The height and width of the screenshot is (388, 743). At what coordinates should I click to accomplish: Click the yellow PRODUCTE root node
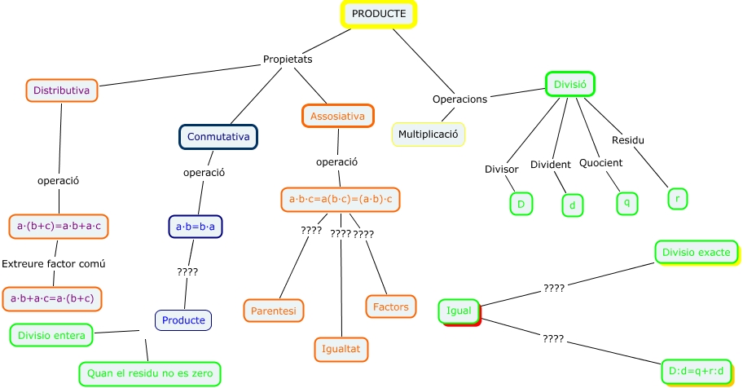tap(378, 15)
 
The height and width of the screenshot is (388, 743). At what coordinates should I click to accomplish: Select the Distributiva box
tap(62, 90)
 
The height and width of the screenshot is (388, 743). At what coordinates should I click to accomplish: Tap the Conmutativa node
tap(218, 137)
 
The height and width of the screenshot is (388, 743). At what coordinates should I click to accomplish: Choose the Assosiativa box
tap(337, 117)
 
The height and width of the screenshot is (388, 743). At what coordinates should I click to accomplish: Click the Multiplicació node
tap(429, 134)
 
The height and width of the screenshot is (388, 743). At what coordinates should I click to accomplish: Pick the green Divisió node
tap(570, 84)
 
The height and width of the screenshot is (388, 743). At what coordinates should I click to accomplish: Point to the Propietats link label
tap(288, 60)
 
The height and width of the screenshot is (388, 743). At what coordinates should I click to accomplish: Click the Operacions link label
tap(459, 99)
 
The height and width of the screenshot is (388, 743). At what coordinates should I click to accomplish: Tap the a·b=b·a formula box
tap(196, 225)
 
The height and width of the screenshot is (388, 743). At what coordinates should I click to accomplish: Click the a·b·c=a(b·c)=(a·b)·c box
tap(341, 199)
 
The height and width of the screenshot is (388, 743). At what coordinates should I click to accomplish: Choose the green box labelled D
tap(521, 204)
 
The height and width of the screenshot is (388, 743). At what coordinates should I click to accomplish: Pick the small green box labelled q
tap(626, 202)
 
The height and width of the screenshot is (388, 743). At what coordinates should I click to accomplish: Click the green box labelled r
tap(678, 198)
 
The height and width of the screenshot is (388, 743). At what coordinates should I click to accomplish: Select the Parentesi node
tap(274, 310)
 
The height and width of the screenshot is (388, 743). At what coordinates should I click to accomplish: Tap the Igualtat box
tap(342, 349)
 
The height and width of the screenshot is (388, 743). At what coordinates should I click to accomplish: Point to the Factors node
tap(391, 306)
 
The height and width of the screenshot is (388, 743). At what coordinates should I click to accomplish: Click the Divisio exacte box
tap(696, 252)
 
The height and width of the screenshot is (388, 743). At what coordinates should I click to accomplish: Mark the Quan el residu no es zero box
tap(150, 373)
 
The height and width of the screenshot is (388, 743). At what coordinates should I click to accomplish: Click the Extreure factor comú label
tap(54, 264)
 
